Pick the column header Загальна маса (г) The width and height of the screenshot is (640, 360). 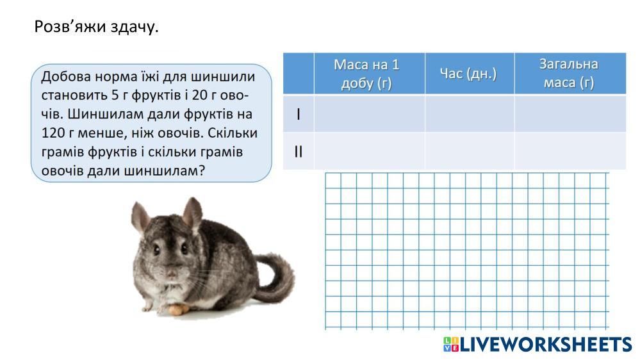coord(570,74)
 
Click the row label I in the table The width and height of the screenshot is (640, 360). coord(299,114)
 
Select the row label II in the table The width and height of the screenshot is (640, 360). coord(299,151)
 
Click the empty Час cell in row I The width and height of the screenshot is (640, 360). coord(470,114)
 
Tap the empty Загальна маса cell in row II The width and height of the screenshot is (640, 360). coord(570,151)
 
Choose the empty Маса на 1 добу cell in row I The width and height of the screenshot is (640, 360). coord(370,114)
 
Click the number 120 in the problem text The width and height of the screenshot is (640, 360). coord(53,133)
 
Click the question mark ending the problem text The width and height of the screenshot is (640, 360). coord(201,170)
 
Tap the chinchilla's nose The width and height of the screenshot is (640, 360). coord(172,272)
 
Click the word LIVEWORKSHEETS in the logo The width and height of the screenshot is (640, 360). coord(546,345)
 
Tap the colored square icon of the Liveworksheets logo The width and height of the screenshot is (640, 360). coord(451,345)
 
